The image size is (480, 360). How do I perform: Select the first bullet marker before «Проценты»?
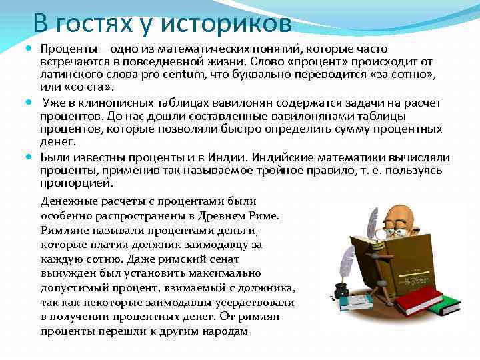[x=33, y=49]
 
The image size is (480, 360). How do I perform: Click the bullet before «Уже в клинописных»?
[x=33, y=103]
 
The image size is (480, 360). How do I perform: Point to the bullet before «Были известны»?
[x=33, y=158]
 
